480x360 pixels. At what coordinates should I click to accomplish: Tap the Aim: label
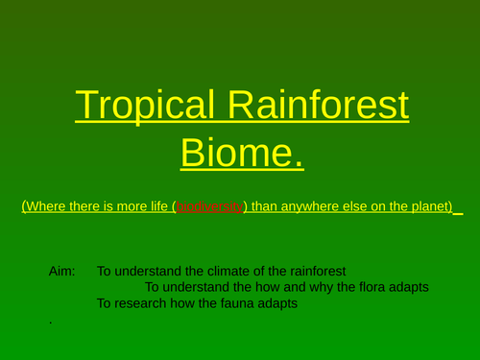tap(61, 272)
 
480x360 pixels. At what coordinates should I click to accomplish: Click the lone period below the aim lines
tap(50, 323)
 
